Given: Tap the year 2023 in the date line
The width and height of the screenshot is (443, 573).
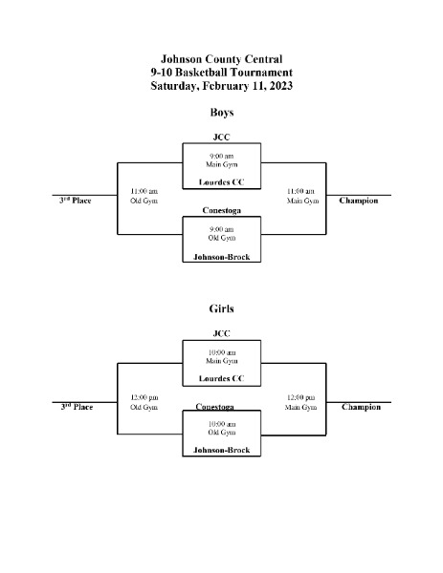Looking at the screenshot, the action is coord(280,86).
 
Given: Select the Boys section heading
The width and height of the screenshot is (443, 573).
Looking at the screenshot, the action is coord(222,112).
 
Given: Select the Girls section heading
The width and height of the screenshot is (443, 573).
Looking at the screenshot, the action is coord(222,308).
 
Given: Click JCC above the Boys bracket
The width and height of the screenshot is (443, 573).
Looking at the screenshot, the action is coord(222,137).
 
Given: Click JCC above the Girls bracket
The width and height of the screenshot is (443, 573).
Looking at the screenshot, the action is coord(222,333).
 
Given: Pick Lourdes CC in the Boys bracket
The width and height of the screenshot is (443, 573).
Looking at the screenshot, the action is coord(222,182).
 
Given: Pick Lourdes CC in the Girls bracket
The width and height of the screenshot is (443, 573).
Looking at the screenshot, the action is coord(222,378).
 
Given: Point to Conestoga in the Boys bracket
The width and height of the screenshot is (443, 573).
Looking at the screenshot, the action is coord(222,210).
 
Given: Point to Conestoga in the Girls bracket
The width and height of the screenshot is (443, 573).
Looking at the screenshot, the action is coord(215,407).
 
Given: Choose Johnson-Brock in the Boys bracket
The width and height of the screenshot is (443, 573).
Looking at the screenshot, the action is coord(222,257).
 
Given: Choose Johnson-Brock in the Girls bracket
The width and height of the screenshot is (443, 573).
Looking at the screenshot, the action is coord(222,450).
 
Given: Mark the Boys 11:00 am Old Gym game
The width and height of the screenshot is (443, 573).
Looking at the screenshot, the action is coord(144,196).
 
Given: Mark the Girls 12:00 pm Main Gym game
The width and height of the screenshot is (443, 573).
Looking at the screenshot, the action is coord(300,402).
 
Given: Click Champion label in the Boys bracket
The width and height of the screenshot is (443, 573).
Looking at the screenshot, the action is coord(359,201).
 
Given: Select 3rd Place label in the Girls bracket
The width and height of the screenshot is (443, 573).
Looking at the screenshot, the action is coord(77,407).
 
